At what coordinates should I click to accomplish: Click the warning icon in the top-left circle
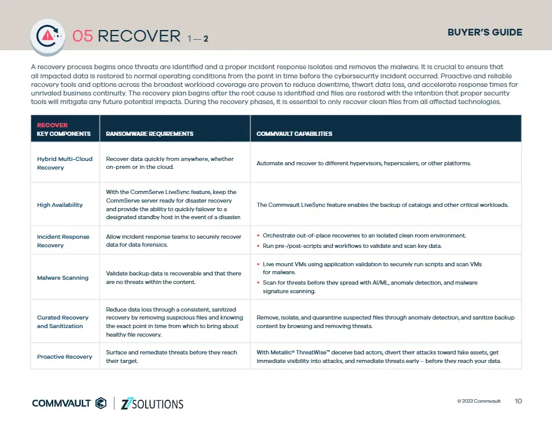click(x=47, y=35)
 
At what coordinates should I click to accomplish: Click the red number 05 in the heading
click(x=83, y=36)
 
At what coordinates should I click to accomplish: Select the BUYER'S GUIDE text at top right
click(x=485, y=32)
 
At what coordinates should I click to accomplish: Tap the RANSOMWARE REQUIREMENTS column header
click(x=149, y=133)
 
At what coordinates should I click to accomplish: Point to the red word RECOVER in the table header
click(x=53, y=125)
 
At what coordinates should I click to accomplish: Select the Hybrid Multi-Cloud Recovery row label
click(x=64, y=163)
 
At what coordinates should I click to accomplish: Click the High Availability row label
click(x=59, y=205)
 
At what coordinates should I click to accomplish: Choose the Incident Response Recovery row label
click(x=63, y=241)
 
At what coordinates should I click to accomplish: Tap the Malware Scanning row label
click(x=62, y=277)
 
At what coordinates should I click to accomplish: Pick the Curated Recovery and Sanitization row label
click(x=62, y=321)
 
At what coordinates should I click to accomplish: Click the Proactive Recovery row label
click(x=64, y=356)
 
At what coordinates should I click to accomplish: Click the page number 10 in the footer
click(x=518, y=401)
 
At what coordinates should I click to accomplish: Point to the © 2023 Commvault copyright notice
click(x=479, y=401)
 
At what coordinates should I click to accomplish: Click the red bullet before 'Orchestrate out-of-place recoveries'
click(x=258, y=235)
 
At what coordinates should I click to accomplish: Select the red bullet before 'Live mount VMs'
click(x=258, y=264)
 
